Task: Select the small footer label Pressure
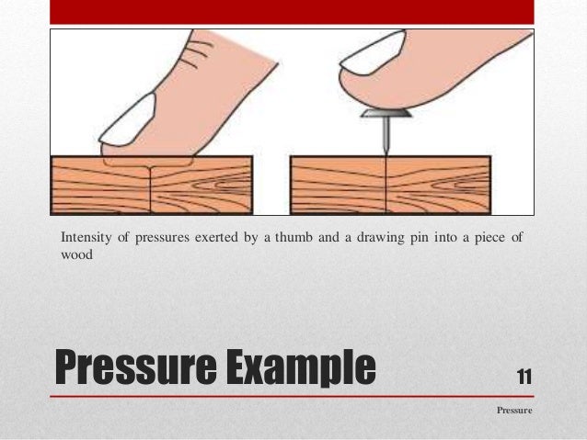(514, 411)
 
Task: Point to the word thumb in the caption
(279, 239)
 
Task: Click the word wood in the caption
(76, 255)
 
